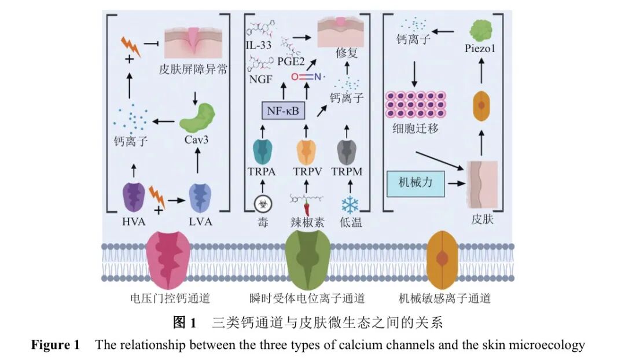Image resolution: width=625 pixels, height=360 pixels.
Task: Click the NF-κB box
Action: (284, 110)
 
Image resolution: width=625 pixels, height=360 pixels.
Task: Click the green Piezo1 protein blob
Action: (480, 30)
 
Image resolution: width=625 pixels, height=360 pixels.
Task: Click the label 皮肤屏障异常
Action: (193, 71)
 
